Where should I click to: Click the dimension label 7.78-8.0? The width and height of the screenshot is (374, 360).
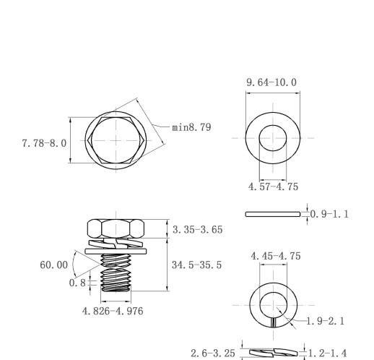(44, 143)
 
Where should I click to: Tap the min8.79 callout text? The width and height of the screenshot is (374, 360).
(191, 127)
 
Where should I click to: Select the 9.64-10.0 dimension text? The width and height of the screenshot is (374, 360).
(271, 82)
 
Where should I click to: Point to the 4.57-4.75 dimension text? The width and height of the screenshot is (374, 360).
(273, 187)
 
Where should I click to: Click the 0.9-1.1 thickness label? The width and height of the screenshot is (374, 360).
(329, 214)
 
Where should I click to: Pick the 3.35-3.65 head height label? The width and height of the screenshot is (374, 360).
(198, 230)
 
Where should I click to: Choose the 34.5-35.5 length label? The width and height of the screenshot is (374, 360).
(196, 265)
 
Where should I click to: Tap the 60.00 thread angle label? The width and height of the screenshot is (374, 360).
(53, 265)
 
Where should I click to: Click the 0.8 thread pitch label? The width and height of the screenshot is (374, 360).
(77, 283)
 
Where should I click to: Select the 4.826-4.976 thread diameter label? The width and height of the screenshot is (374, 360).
(113, 311)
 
